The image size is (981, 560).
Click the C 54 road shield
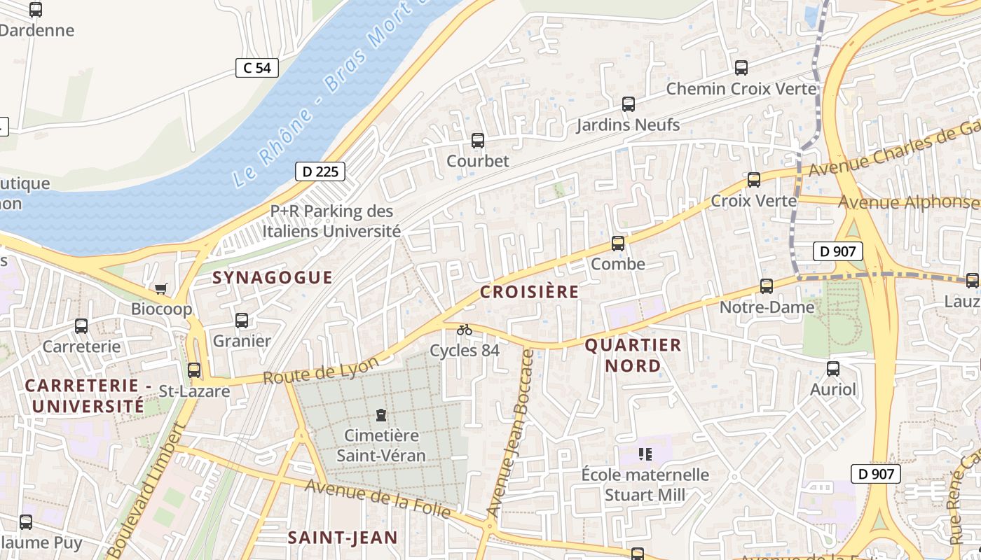(x=257, y=68)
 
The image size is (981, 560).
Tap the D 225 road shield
(x=320, y=171)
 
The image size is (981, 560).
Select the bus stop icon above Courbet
(x=478, y=141)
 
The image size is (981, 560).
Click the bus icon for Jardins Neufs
(x=629, y=104)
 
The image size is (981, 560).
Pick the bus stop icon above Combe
(x=618, y=244)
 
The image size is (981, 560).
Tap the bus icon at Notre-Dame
(x=767, y=286)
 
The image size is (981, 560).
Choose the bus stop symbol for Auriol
(x=833, y=369)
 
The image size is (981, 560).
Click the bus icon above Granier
(x=242, y=321)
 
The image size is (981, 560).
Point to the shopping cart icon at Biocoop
(x=161, y=288)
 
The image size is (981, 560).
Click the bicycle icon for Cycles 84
(x=465, y=330)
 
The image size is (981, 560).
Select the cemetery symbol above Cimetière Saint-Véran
(x=381, y=415)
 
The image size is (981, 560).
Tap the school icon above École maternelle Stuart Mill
(x=645, y=454)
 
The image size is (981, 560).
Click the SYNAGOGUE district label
(x=273, y=277)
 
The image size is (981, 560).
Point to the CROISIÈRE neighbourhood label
(x=530, y=292)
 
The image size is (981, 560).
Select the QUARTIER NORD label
(x=633, y=355)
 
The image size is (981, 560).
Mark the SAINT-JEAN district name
(x=343, y=538)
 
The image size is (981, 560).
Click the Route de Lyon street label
(x=321, y=369)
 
